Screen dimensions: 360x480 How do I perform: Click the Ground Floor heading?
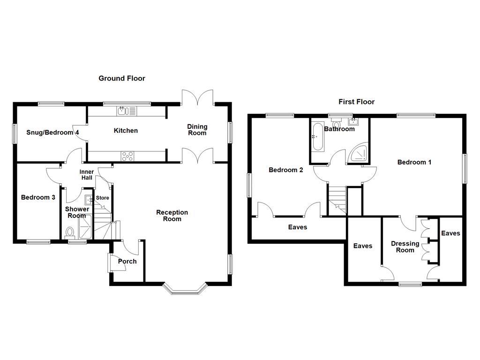(x=121, y=78)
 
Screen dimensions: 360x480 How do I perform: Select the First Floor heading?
(x=356, y=101)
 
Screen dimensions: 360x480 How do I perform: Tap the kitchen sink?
(x=123, y=111)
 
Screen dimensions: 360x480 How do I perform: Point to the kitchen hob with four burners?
(x=127, y=156)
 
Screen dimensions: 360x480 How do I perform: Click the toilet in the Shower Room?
(x=70, y=232)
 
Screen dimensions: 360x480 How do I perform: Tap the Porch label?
(x=127, y=261)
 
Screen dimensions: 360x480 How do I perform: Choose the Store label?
(x=102, y=198)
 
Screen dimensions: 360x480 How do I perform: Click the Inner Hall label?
(x=87, y=175)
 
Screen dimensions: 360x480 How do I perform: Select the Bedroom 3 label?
(x=38, y=197)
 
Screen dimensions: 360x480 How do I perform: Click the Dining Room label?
(x=197, y=129)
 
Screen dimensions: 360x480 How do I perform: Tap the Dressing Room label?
(x=405, y=247)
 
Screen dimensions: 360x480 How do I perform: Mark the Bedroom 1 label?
(x=414, y=162)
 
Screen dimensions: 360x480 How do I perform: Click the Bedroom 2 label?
(x=285, y=170)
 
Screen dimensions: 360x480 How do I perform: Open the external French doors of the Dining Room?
(x=198, y=97)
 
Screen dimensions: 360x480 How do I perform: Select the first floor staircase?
(x=337, y=199)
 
